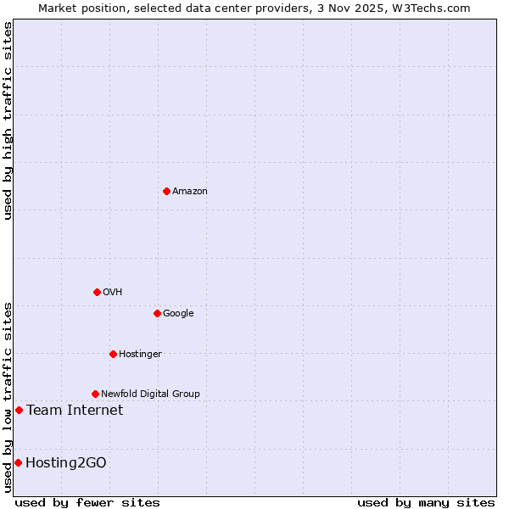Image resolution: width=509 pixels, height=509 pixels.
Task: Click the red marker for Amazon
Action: tap(166, 191)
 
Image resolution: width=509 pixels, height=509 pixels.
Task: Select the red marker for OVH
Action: tap(97, 292)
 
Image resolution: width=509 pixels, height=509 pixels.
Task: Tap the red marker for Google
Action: tap(157, 313)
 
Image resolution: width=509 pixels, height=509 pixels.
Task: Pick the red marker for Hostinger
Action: tap(113, 354)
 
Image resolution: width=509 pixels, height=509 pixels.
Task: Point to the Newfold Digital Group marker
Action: tap(95, 394)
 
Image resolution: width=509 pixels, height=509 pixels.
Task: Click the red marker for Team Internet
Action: tap(19, 411)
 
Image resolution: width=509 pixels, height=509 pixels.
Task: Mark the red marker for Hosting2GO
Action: tap(18, 462)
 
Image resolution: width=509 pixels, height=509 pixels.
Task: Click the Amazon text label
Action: tap(189, 192)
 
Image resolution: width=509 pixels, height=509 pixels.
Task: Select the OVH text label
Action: tap(112, 293)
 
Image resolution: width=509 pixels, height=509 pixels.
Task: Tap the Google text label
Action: tap(178, 314)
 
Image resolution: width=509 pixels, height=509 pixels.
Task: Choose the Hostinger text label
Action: tap(140, 355)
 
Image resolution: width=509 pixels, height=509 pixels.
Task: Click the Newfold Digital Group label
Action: tap(150, 394)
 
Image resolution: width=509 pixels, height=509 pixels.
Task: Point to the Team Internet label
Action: tap(75, 411)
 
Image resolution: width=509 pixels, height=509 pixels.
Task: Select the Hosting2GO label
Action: tap(66, 462)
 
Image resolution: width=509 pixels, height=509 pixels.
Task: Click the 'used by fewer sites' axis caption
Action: tap(87, 502)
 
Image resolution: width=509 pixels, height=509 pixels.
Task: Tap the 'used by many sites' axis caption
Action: tap(426, 502)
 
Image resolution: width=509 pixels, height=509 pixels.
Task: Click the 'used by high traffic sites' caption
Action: tap(8, 120)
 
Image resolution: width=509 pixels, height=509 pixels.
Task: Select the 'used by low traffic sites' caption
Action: tap(8, 397)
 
